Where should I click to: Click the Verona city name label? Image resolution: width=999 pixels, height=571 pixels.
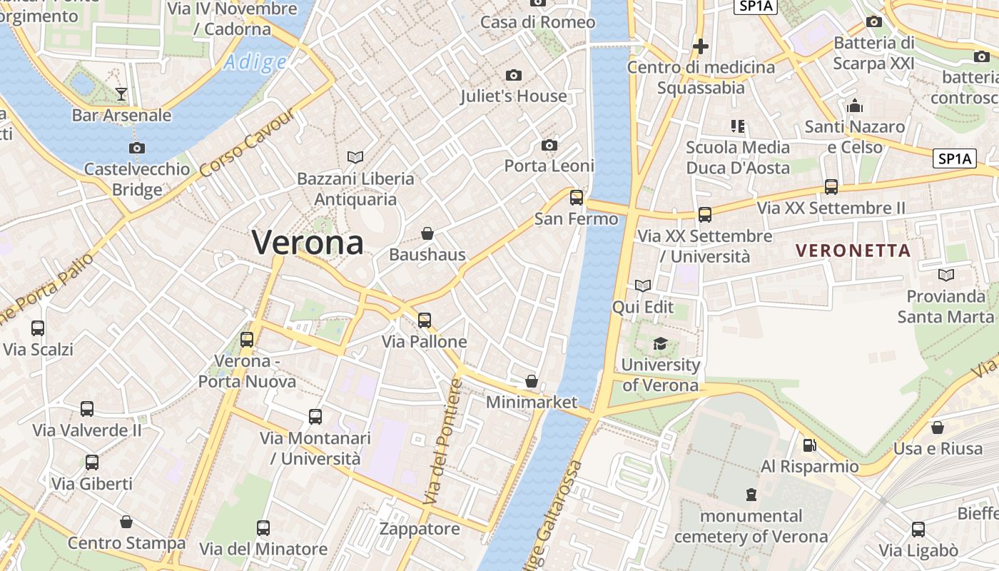308,243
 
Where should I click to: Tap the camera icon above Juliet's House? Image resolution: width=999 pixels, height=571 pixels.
513,75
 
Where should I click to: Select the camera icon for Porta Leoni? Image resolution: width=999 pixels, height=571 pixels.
549,145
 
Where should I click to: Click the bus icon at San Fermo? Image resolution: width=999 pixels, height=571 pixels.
576,198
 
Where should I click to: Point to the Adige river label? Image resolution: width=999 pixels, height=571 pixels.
254,63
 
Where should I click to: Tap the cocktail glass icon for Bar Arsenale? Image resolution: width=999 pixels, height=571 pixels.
121,94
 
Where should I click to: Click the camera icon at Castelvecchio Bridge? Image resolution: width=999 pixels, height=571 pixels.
136,148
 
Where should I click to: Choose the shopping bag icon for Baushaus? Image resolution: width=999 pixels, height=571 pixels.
427,233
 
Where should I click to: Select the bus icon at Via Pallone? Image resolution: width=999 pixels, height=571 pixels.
425,320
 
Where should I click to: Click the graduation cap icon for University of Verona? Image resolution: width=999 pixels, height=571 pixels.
660,343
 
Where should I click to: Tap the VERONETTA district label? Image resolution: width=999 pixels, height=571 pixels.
853,251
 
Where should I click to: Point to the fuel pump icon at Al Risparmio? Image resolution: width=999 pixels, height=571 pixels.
809,445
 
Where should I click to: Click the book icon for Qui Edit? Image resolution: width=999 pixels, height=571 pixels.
643,285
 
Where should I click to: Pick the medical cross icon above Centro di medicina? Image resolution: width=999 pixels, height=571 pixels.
701,46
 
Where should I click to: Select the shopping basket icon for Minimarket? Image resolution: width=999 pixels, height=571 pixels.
531,381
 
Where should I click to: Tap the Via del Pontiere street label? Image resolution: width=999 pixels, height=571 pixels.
443,443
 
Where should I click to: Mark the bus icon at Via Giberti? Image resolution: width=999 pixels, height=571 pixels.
92,463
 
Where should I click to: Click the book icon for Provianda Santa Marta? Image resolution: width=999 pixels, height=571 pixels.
946,275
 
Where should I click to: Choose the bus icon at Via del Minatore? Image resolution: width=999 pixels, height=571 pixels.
263,528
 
